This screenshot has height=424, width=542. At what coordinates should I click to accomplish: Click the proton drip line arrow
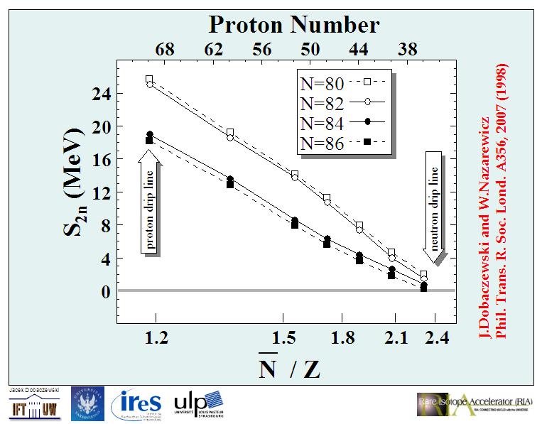point(150,207)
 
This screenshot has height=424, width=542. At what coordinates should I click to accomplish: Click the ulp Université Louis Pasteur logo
point(200,403)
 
